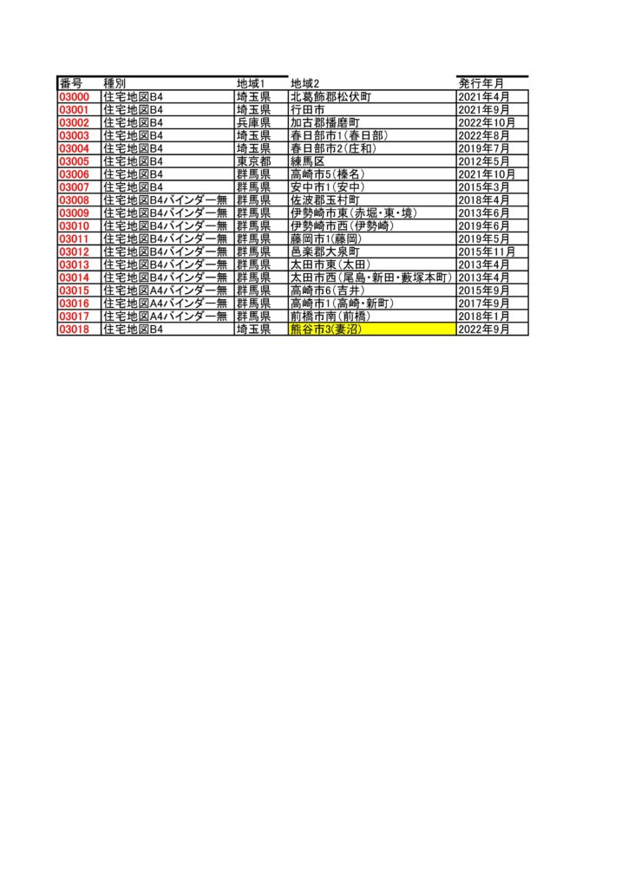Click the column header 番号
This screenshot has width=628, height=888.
[x=70, y=84]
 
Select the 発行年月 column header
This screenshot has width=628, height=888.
[x=481, y=84]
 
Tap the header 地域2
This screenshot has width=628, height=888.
[x=305, y=84]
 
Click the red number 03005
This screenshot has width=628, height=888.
[x=75, y=161]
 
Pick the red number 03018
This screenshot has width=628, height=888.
[x=75, y=329]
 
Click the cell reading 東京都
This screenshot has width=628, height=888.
[x=253, y=161]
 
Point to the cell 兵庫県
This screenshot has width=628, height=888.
[x=253, y=123]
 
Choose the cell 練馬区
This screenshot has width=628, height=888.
[x=307, y=161]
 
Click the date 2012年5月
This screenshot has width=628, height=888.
[x=484, y=161]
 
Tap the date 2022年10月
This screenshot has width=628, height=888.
[x=487, y=123]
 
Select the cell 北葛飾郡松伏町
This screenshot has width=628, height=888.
[x=330, y=97]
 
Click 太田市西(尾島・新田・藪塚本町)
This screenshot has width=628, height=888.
[x=371, y=277]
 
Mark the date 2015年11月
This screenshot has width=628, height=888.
[x=487, y=251]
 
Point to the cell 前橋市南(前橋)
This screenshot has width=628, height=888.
[x=330, y=316]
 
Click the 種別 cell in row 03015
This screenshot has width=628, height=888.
[x=166, y=291]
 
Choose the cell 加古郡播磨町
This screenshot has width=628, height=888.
[x=325, y=123]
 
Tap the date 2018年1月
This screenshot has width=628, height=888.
[x=484, y=316]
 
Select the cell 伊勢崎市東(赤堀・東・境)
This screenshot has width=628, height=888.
[x=354, y=213]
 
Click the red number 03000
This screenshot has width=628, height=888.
[x=75, y=97]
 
